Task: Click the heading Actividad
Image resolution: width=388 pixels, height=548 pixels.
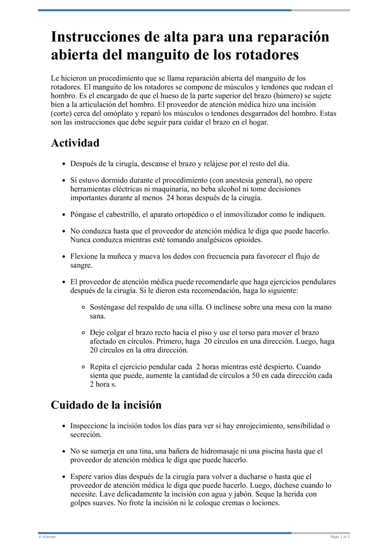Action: point(75,143)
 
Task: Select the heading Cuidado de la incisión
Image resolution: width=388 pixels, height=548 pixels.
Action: point(106,404)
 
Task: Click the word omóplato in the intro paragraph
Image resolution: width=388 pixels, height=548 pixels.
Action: point(115,113)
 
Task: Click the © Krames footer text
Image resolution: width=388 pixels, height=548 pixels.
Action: point(47,537)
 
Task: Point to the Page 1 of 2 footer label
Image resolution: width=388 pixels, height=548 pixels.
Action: point(340,537)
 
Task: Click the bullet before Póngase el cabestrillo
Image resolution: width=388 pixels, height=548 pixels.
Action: point(64,214)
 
